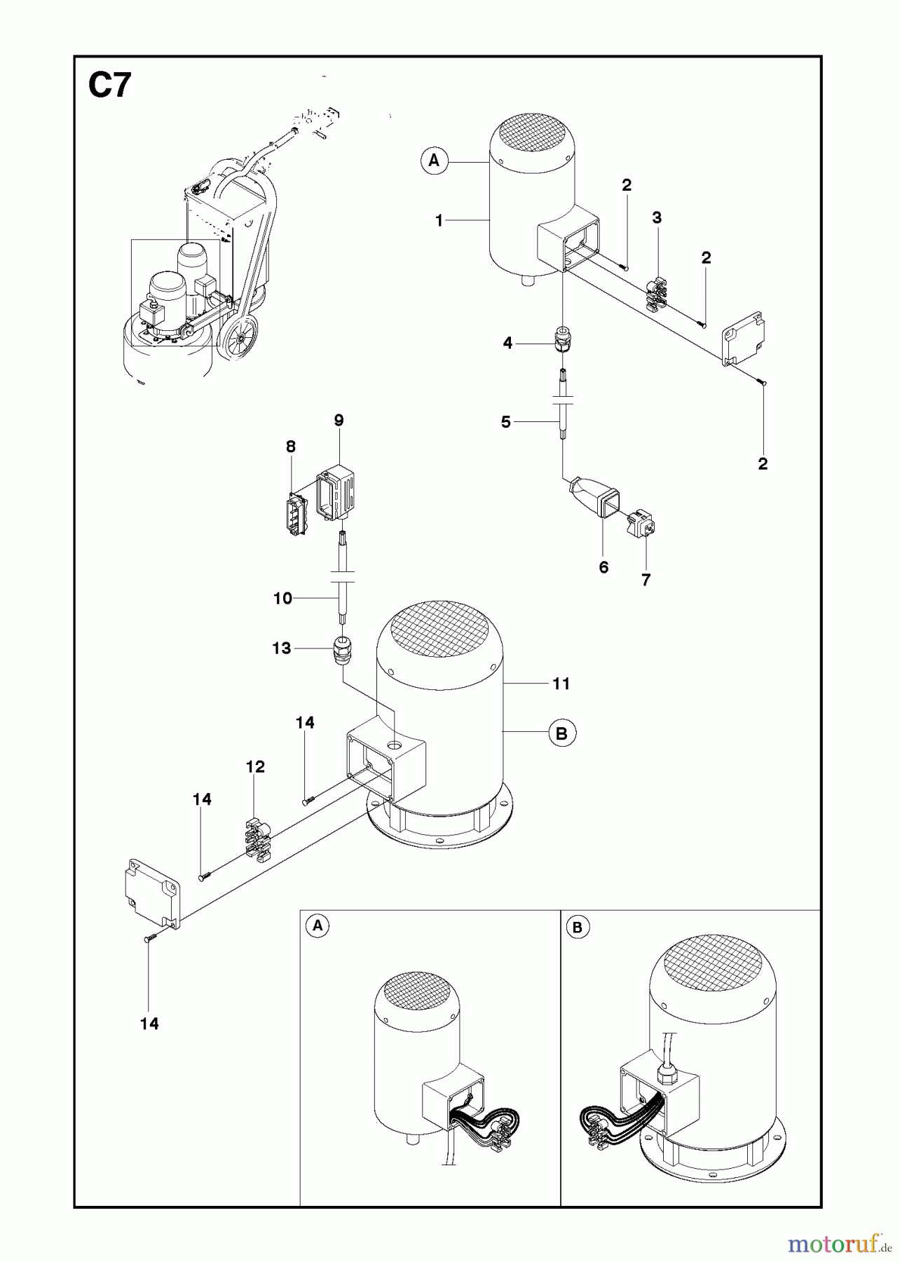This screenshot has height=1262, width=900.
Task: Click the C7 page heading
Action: (x=109, y=86)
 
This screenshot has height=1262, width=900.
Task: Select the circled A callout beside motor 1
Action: (x=434, y=161)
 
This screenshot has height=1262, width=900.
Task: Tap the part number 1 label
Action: (x=439, y=221)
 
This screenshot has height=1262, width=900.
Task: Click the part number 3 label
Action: (x=657, y=218)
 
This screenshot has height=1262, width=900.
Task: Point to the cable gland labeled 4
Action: (x=561, y=339)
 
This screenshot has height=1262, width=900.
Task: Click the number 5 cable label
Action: (x=506, y=422)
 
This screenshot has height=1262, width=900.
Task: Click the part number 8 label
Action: (x=291, y=447)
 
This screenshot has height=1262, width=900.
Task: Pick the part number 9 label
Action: (x=339, y=421)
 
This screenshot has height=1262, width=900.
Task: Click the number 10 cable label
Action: (x=282, y=598)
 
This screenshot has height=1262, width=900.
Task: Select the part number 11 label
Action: (x=561, y=683)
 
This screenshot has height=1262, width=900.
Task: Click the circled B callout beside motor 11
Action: (x=561, y=733)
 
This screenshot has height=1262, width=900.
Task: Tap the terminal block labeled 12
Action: (x=258, y=837)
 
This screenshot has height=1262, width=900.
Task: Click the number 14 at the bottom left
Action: (x=149, y=1024)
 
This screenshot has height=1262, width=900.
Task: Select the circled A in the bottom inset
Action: (x=318, y=925)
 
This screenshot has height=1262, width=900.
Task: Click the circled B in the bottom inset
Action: (x=577, y=928)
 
